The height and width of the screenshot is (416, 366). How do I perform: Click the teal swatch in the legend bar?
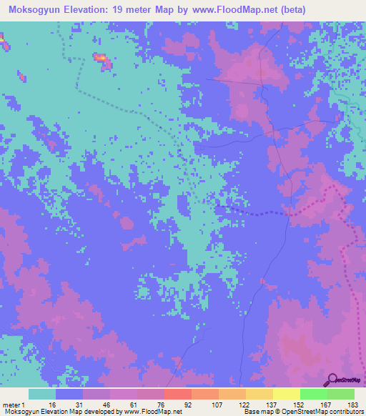point(42,394)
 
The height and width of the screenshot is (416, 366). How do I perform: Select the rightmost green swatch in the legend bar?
point(341,394)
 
